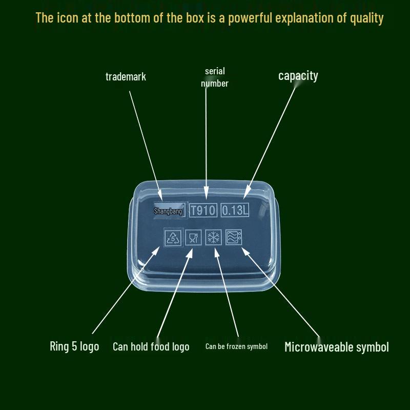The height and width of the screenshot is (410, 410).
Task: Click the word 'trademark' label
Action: pyautogui.click(x=126, y=76)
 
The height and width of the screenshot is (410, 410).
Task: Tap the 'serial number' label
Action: pyautogui.click(x=215, y=77)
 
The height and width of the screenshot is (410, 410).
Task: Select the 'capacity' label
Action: pyautogui.click(x=298, y=76)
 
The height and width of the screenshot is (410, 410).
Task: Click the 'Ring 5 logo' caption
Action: pyautogui.click(x=74, y=346)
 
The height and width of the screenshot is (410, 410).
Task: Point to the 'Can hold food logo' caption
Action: pyautogui.click(x=151, y=347)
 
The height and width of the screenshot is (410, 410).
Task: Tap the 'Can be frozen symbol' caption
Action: pyautogui.click(x=236, y=346)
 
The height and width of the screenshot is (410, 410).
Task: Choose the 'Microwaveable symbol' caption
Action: pyautogui.click(x=337, y=347)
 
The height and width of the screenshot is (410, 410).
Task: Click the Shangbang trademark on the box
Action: pyautogui.click(x=169, y=211)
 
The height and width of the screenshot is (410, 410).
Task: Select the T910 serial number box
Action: pyautogui.click(x=203, y=210)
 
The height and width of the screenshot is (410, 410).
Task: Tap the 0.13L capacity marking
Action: pyautogui.click(x=235, y=210)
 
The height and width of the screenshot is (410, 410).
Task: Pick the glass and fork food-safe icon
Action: pyautogui.click(x=193, y=237)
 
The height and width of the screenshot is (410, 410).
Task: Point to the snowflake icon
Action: pyautogui.click(x=213, y=237)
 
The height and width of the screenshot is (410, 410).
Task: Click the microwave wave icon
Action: pyautogui.click(x=234, y=237)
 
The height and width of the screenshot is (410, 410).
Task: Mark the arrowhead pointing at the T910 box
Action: pyautogui.click(x=207, y=194)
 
